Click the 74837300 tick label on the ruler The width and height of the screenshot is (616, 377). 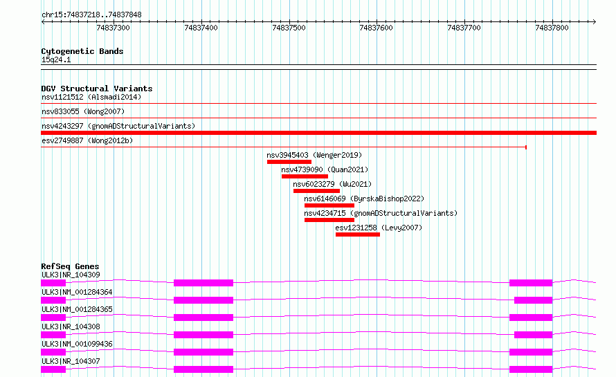113,28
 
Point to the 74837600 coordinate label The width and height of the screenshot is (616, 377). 377,28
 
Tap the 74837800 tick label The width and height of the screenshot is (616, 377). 552,28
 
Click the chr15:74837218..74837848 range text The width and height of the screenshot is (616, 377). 91,15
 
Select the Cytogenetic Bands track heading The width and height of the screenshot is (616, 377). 82,51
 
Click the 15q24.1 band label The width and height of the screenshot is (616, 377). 56,59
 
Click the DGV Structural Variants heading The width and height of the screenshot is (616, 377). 97,89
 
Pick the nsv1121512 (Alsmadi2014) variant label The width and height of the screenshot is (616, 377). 91,97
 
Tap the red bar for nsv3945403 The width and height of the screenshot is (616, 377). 289,162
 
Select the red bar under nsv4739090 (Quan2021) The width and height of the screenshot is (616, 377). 305,176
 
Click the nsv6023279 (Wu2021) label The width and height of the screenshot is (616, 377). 332,184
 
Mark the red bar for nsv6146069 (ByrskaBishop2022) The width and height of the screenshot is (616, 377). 329,205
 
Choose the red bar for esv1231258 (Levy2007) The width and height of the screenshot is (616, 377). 358,235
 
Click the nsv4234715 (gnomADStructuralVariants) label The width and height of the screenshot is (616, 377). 381,213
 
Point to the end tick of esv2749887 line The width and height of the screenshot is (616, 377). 526,147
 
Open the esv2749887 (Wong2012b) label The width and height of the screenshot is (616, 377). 87,140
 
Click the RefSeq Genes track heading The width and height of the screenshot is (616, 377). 71,266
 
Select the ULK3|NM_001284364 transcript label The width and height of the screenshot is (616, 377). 77,292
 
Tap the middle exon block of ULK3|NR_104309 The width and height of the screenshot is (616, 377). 203,283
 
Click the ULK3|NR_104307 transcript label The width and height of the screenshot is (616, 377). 71,361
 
